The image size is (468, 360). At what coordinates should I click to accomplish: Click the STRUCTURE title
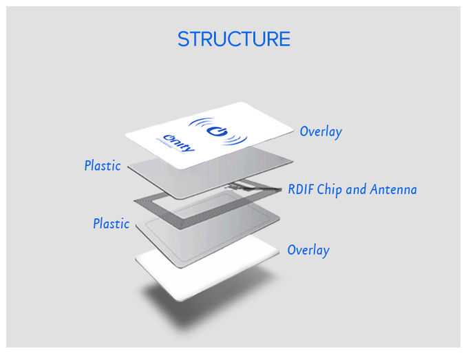(234, 39)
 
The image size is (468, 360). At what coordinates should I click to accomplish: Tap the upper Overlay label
(321, 131)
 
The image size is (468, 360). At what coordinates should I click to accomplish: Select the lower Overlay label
(308, 250)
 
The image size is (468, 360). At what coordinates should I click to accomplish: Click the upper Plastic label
(103, 165)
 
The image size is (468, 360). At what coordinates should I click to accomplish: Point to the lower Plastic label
(111, 223)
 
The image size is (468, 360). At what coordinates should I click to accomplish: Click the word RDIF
(301, 189)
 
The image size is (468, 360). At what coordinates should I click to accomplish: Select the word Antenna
(394, 189)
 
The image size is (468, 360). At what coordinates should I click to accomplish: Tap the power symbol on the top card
(217, 131)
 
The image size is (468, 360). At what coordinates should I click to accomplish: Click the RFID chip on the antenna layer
(239, 186)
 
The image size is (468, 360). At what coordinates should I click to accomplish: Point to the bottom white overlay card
(207, 266)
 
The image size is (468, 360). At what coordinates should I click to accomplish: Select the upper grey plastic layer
(209, 173)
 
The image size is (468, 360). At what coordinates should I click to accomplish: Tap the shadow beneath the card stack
(209, 301)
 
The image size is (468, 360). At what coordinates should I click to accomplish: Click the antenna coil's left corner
(134, 201)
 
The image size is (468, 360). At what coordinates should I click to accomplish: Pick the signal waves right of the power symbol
(235, 140)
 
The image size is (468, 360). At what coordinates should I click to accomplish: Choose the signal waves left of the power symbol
(201, 124)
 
